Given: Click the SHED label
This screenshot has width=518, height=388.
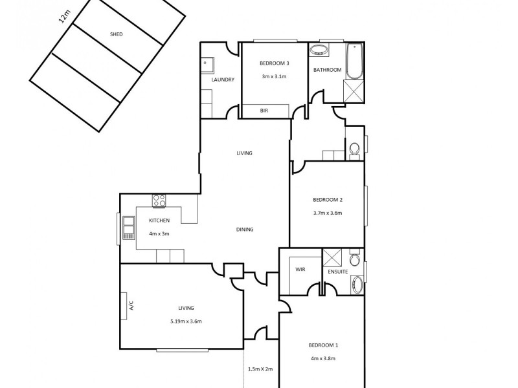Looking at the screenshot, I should pyautogui.click(x=117, y=34).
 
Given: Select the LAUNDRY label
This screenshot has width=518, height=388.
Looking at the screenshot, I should pyautogui.click(x=222, y=80).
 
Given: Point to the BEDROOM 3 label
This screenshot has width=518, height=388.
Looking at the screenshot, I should pyautogui.click(x=274, y=63).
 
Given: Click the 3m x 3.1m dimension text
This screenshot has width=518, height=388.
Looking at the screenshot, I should pyautogui.click(x=274, y=76).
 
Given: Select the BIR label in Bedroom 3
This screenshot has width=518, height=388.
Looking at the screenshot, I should pyautogui.click(x=264, y=111).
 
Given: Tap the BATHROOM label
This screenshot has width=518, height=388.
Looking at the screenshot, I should pyautogui.click(x=327, y=70).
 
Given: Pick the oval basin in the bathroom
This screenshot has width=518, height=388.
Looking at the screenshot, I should pyautogui.click(x=319, y=50).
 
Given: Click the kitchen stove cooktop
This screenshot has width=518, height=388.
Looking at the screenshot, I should pyautogui.click(x=159, y=201).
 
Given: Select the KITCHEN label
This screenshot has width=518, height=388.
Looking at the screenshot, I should pyautogui.click(x=159, y=221).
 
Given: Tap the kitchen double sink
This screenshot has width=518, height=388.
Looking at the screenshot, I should pyautogui.click(x=128, y=226).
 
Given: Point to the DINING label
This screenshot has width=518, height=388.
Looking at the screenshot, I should pyautogui.click(x=245, y=229).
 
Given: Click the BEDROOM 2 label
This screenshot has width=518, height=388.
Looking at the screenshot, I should pyautogui.click(x=327, y=200).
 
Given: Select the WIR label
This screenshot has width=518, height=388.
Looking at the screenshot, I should pyautogui.click(x=300, y=268).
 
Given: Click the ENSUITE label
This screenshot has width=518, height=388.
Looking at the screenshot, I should pyautogui.click(x=338, y=272).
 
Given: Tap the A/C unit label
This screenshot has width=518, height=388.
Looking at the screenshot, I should pyautogui.click(x=131, y=305).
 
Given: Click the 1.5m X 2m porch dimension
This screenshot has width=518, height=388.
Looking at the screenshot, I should pyautogui.click(x=260, y=370).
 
